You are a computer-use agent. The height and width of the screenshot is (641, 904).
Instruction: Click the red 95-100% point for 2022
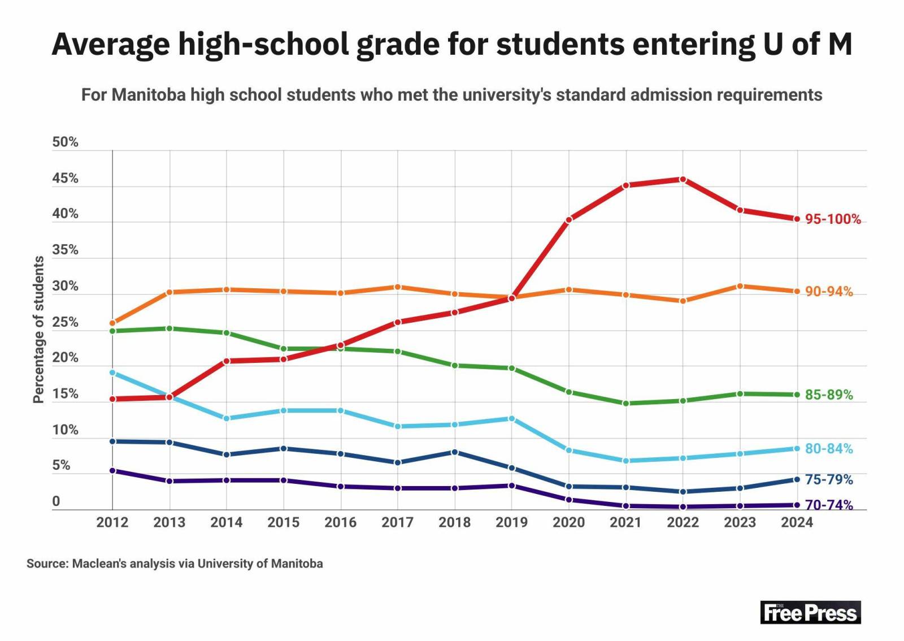click(683, 180)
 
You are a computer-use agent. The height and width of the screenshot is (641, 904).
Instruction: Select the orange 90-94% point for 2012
click(112, 323)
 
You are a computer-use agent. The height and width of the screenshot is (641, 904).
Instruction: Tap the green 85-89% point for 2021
click(626, 403)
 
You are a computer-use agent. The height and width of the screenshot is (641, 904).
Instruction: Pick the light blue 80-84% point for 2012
click(112, 373)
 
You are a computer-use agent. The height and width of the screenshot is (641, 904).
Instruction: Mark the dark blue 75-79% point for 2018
click(455, 452)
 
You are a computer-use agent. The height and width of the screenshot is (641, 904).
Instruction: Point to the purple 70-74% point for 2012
click(112, 471)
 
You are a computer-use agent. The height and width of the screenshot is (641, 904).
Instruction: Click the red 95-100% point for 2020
click(568, 220)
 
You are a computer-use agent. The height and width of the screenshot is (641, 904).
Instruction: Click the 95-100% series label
click(833, 219)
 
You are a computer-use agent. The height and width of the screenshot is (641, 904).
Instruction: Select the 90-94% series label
click(829, 291)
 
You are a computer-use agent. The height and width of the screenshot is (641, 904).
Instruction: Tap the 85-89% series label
click(829, 395)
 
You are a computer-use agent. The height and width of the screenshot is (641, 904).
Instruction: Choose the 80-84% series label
click(829, 448)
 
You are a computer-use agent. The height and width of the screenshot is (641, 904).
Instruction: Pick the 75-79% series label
click(829, 479)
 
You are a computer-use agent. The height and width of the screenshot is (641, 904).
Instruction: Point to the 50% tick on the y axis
click(65, 142)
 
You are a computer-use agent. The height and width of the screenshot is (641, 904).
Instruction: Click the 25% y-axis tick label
click(65, 322)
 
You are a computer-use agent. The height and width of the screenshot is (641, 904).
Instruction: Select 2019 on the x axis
click(512, 522)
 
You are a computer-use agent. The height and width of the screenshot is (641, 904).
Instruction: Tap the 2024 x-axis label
click(797, 522)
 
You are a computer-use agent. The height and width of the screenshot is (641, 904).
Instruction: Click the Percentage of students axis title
click(38, 330)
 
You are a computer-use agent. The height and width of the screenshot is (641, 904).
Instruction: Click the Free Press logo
click(810, 612)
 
